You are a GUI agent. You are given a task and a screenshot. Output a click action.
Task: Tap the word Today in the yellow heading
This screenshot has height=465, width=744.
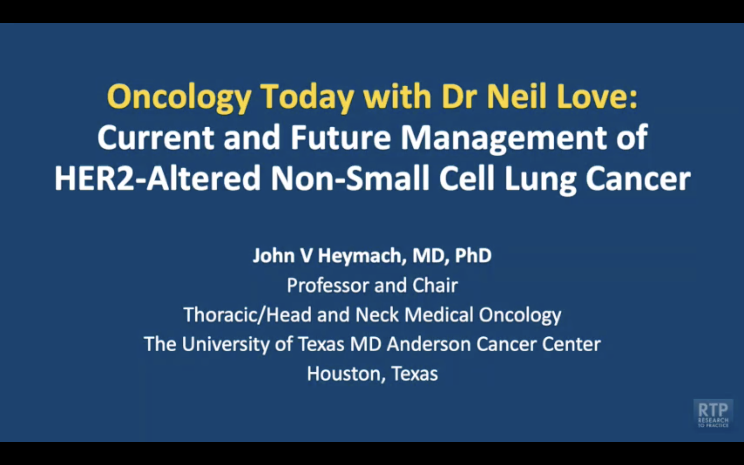coord(307,97)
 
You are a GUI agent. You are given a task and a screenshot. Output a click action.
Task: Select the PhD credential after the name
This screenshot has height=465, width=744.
coord(473,255)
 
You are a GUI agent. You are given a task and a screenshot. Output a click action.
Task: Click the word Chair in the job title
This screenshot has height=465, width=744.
coord(435,285)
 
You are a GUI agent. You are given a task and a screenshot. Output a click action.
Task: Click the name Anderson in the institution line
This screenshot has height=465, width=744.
coord(429,344)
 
